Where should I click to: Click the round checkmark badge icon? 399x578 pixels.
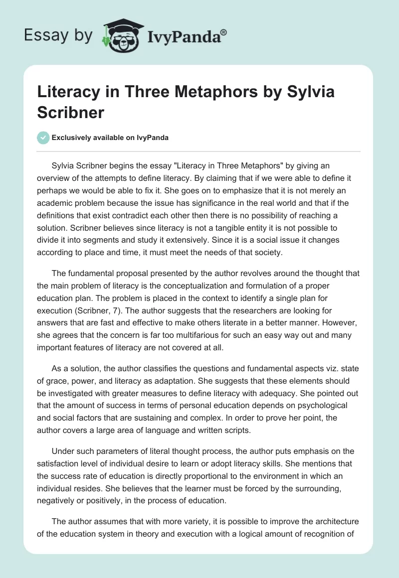pyautogui.click(x=43, y=138)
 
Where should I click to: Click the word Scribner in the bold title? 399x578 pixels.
pyautogui.click(x=71, y=112)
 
